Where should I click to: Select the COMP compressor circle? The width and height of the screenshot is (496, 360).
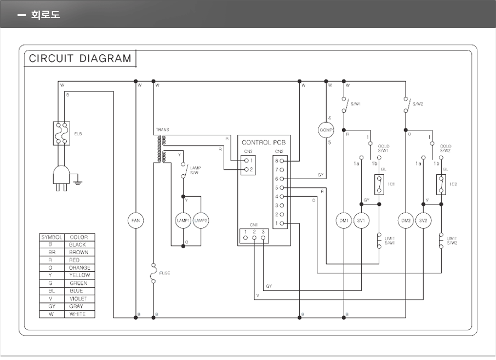point(326,130)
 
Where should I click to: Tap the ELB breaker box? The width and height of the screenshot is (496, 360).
point(61,133)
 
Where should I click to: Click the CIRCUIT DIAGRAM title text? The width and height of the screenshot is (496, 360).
point(80,58)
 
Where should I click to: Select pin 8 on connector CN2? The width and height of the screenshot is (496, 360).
point(282,161)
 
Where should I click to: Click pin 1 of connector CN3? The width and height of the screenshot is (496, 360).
point(247,161)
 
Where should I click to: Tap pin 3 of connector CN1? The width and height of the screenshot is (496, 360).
point(263,238)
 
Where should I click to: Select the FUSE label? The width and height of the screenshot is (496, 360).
point(164,272)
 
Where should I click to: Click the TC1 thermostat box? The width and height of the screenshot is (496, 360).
point(379,184)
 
